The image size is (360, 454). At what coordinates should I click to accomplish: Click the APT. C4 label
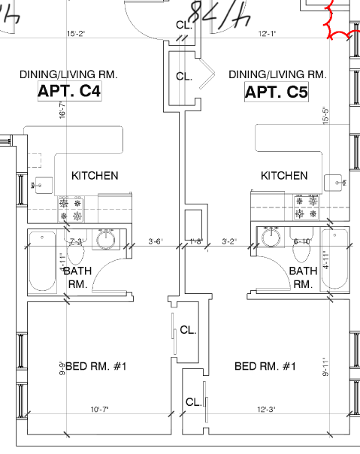point(69,92)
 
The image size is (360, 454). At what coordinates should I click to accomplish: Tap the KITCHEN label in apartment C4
point(95,176)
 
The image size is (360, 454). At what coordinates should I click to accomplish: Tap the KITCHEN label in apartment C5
point(284,176)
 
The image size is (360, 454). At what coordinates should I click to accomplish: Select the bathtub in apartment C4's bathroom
point(42,261)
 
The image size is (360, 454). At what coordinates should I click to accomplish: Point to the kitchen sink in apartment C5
point(337,183)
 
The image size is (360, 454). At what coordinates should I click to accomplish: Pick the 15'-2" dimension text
point(77,33)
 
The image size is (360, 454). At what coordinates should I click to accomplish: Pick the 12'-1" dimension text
point(269,33)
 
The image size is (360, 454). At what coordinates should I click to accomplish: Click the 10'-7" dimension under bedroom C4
point(100,410)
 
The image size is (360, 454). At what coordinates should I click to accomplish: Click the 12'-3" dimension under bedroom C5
point(265,410)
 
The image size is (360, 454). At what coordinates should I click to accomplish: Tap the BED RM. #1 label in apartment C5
point(265,366)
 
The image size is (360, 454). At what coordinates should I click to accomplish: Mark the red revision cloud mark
point(339,23)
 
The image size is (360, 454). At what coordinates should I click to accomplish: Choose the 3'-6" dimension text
point(156,241)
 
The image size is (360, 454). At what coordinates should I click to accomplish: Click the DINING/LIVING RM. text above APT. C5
point(277,74)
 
